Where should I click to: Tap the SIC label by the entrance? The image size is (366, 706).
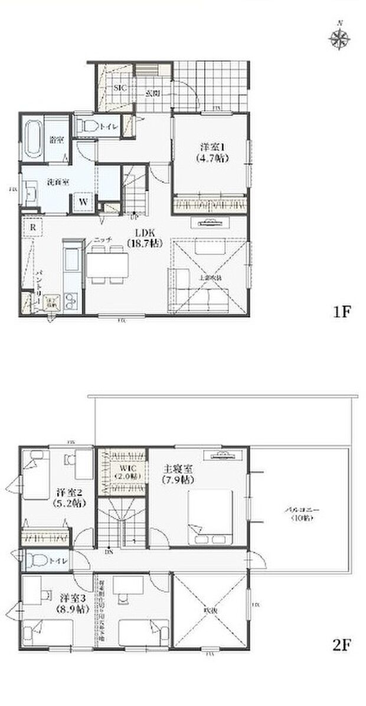click(x=120, y=87)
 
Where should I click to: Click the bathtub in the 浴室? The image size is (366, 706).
click(x=33, y=140)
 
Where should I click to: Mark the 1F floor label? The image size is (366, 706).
click(x=342, y=312)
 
